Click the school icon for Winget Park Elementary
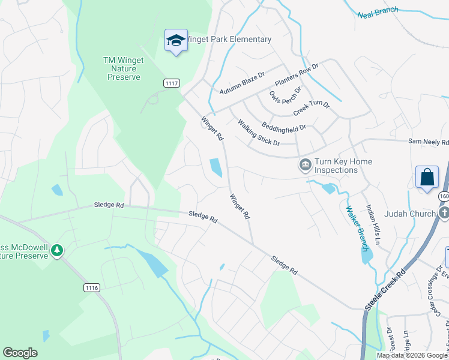(x=176, y=40)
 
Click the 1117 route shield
(x=172, y=83)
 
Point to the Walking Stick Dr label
(x=259, y=133)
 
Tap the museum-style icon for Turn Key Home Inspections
(x=305, y=164)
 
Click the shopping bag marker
(x=427, y=177)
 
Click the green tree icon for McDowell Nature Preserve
(x=57, y=250)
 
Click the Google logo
(x=20, y=353)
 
